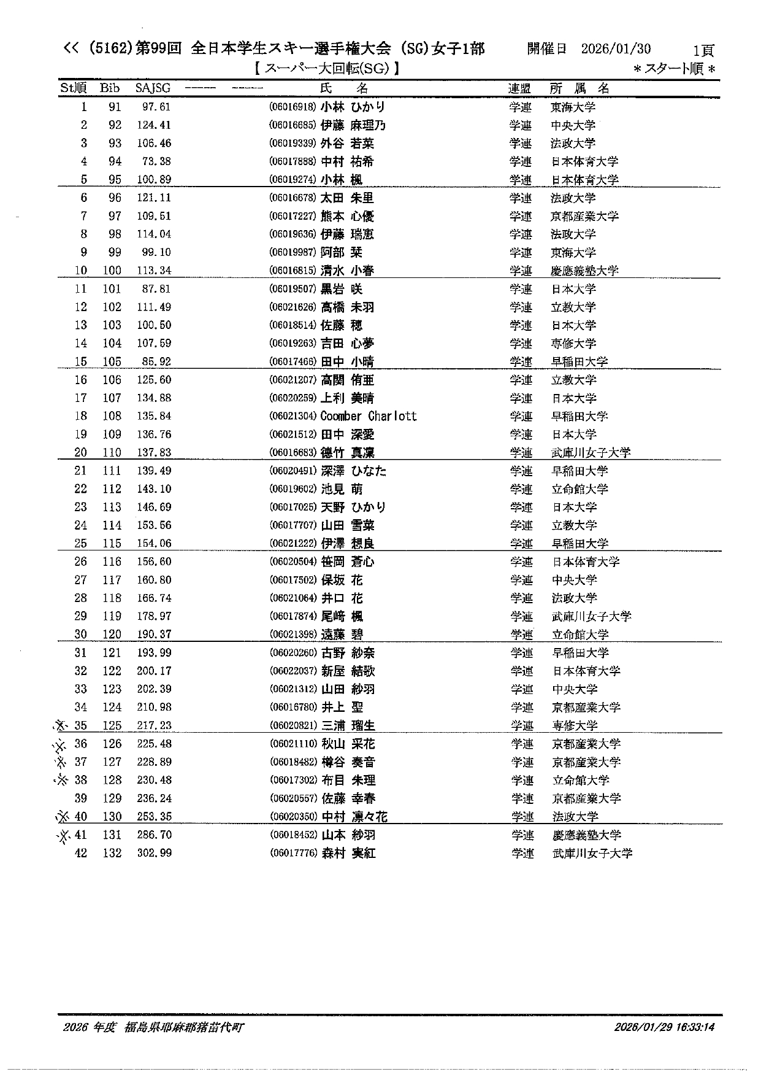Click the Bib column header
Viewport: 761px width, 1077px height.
pyautogui.click(x=110, y=88)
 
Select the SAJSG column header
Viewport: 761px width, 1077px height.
pyautogui.click(x=153, y=88)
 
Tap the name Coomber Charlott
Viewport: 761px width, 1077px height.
pyautogui.click(x=368, y=416)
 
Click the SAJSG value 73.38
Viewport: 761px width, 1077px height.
pyautogui.click(x=156, y=161)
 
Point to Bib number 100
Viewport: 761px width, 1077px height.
pyautogui.click(x=112, y=271)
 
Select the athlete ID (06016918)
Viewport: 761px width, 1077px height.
pyautogui.click(x=293, y=107)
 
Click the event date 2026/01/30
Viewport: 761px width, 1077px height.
pyautogui.click(x=616, y=49)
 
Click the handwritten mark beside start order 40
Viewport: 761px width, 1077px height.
pyautogui.click(x=63, y=817)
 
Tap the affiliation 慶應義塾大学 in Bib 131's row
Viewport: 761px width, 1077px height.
pyautogui.click(x=586, y=835)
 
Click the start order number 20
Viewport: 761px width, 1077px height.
pyautogui.click(x=80, y=453)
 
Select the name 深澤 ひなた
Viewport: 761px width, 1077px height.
pyautogui.click(x=353, y=471)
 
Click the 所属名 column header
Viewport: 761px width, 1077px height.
pyautogui.click(x=579, y=88)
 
